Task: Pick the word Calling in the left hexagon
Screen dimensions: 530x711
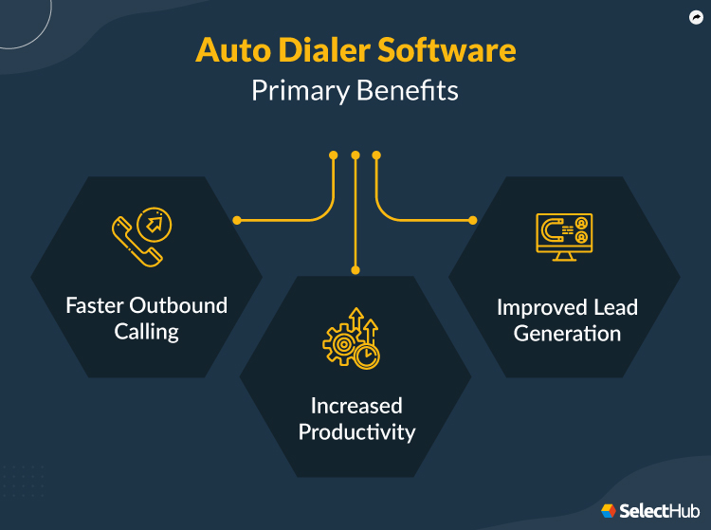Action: tap(147, 332)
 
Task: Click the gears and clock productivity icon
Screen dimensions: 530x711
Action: tap(352, 338)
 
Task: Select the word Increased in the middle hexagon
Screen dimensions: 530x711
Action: tap(356, 406)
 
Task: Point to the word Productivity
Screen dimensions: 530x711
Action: tap(356, 432)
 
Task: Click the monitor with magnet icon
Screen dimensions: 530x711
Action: tap(564, 236)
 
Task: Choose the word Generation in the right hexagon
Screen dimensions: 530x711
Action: tap(567, 334)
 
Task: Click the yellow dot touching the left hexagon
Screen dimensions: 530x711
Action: tap(237, 220)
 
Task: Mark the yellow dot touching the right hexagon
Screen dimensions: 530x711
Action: tap(473, 220)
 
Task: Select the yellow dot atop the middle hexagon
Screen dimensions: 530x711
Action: tap(355, 270)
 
